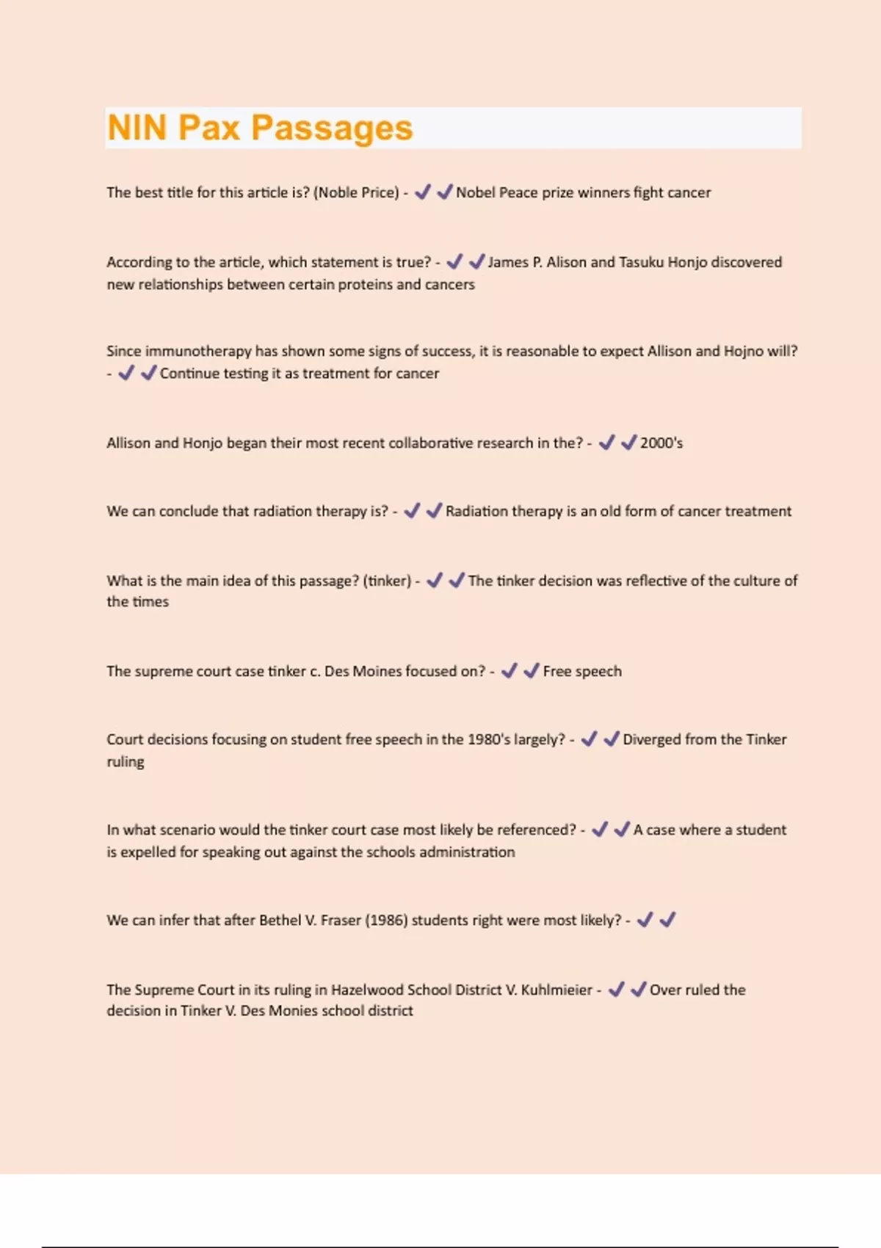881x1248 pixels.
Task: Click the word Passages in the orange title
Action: [332, 128]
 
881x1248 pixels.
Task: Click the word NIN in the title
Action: [137, 128]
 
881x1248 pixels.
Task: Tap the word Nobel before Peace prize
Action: [475, 192]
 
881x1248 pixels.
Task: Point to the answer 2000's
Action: [661, 443]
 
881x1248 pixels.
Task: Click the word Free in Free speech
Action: [557, 671]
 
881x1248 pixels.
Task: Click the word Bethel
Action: [280, 920]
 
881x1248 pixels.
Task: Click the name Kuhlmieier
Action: [556, 990]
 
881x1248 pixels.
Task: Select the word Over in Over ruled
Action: [665, 990]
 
